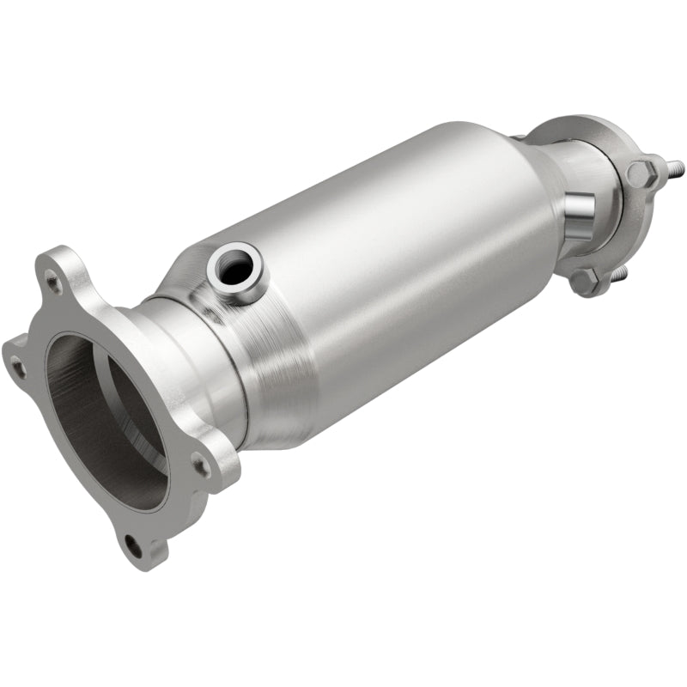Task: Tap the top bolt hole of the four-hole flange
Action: coord(53,279)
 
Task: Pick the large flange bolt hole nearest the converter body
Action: coord(201,466)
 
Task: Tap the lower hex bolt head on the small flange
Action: coord(585,279)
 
